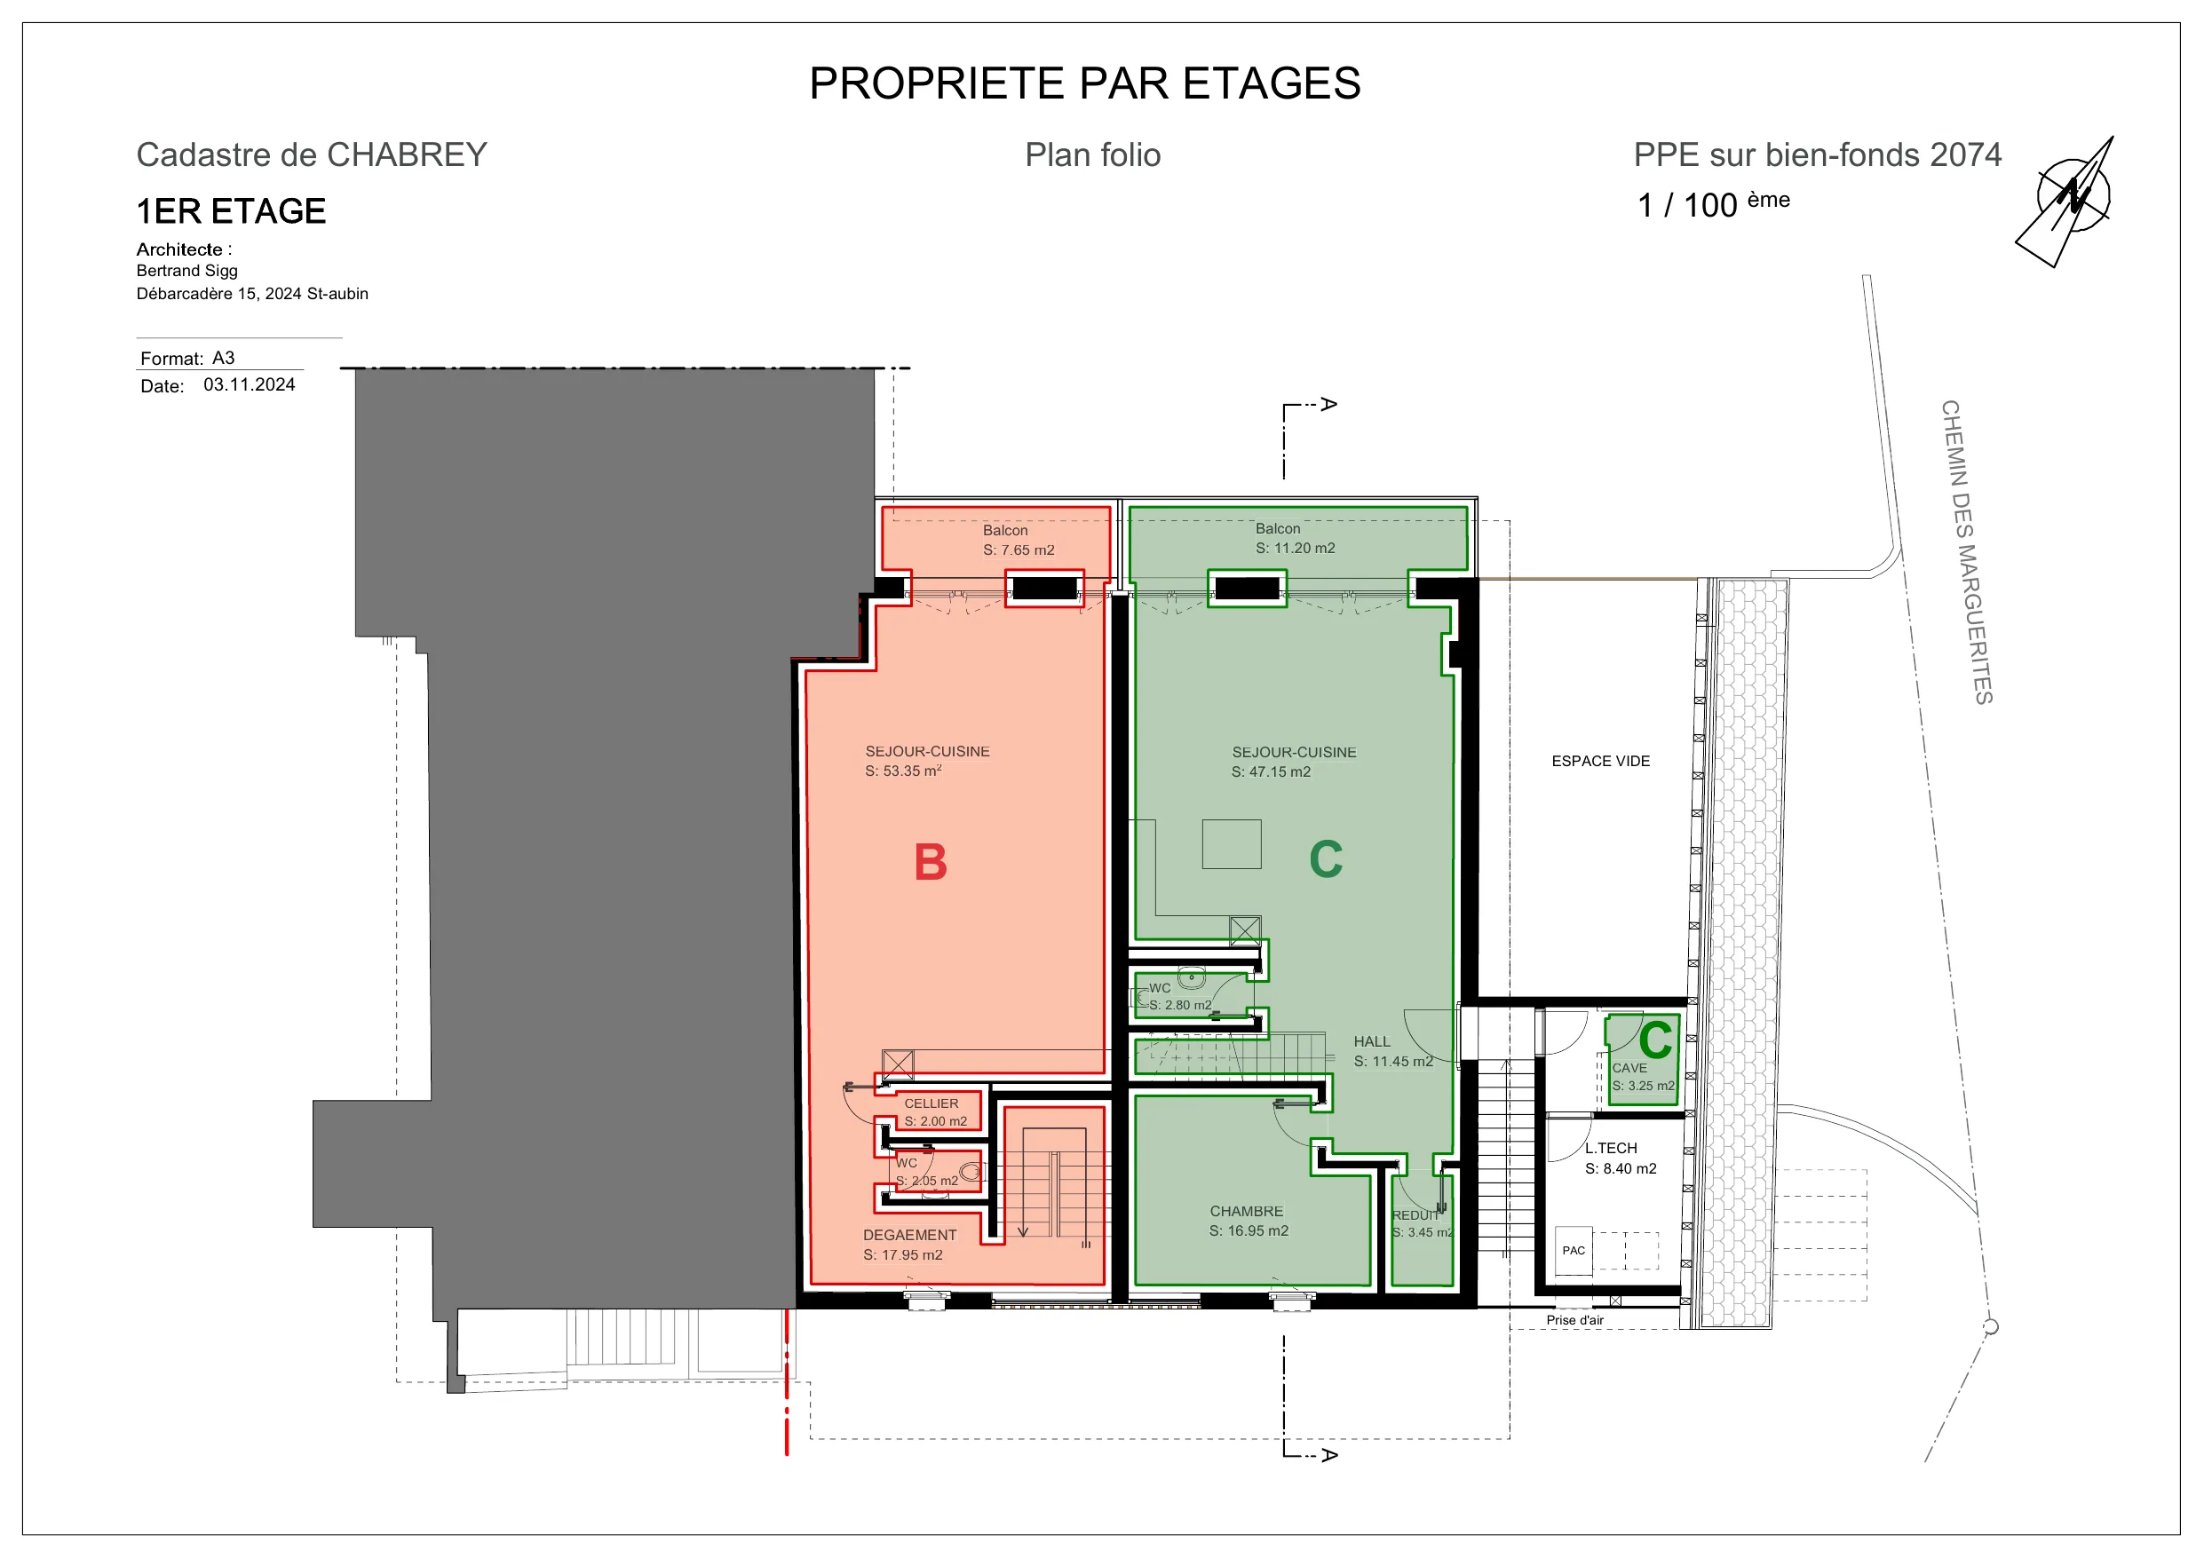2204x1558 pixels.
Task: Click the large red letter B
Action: click(930, 861)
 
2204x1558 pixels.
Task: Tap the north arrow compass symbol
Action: click(2070, 200)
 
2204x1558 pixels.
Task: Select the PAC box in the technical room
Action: click(1574, 1250)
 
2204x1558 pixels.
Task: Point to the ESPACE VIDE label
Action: click(1600, 761)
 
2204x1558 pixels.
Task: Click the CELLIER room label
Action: click(932, 1103)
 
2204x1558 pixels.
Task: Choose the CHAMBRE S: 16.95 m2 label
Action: click(1248, 1221)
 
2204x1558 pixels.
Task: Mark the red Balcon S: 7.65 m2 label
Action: click(1019, 541)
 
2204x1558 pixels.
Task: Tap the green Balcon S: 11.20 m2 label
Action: click(1295, 539)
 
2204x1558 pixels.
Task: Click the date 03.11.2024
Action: click(250, 385)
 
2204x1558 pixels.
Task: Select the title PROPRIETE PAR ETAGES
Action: click(1085, 83)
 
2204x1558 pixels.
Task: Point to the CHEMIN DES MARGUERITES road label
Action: click(1966, 552)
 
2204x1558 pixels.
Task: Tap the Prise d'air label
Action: click(1574, 1320)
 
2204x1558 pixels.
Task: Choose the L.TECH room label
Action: click(1611, 1148)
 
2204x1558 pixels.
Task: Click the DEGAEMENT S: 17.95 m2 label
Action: click(909, 1245)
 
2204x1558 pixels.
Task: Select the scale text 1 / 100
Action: click(1686, 205)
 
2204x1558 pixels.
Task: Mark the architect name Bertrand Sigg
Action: click(187, 271)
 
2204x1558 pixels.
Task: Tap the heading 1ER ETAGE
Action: click(232, 211)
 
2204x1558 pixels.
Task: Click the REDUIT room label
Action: click(1415, 1215)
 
